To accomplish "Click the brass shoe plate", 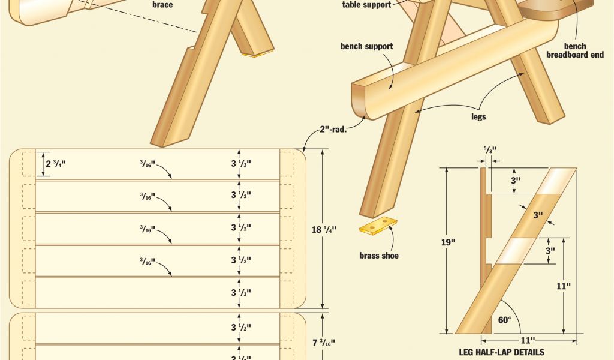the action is click(379, 226).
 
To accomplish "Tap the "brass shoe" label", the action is click(379, 256).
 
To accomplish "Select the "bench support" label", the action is click(366, 46).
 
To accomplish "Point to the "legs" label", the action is click(478, 117).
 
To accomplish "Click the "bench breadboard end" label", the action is click(575, 50).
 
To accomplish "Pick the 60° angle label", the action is click(505, 320).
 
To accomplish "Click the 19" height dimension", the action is click(449, 242).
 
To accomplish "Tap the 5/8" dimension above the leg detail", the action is click(490, 150).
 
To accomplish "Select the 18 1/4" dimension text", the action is click(324, 230).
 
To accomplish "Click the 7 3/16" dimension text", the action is click(324, 343).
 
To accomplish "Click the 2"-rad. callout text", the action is click(333, 129).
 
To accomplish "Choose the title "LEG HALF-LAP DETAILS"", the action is click(502, 352).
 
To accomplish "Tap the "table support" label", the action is click(366, 5).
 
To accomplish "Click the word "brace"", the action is click(162, 5).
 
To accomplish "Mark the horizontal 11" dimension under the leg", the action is click(528, 340).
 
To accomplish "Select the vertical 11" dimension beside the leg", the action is click(564, 286).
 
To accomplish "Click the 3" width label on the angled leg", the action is click(538, 215).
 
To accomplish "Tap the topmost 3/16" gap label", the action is click(148, 163).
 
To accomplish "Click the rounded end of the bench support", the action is click(360, 100).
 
